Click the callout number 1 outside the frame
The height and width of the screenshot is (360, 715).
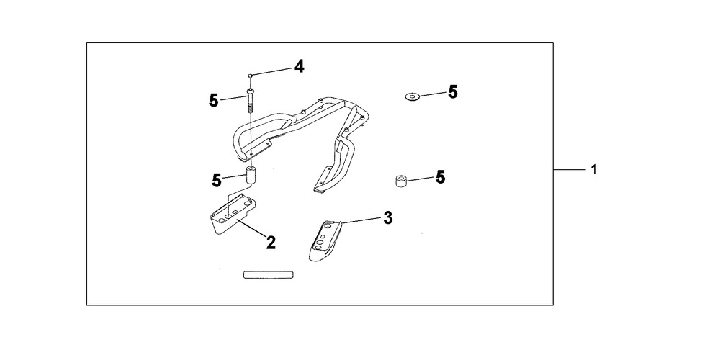coord(594,169)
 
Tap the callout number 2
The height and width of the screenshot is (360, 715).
coord(271,243)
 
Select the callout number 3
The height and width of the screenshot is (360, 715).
coord(387,218)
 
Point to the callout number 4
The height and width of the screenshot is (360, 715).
coord(299,66)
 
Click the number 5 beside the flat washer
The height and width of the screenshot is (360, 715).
coord(452,92)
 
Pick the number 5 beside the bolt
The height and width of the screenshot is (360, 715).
coord(214,100)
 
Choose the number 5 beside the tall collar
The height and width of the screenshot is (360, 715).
coord(217,181)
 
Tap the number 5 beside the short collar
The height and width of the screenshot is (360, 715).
coord(440,177)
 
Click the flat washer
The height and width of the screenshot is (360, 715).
coord(413,96)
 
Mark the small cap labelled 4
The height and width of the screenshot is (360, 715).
coord(250,75)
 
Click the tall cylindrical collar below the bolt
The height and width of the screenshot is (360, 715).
coord(251,176)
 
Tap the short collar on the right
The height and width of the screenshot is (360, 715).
coord(400,181)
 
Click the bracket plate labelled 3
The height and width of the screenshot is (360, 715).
coord(325,240)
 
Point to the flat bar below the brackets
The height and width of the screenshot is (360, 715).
coord(268,275)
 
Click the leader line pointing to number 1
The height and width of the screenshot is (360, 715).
coord(570,169)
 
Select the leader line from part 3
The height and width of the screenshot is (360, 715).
coord(361,220)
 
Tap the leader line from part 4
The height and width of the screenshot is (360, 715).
coord(271,71)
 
